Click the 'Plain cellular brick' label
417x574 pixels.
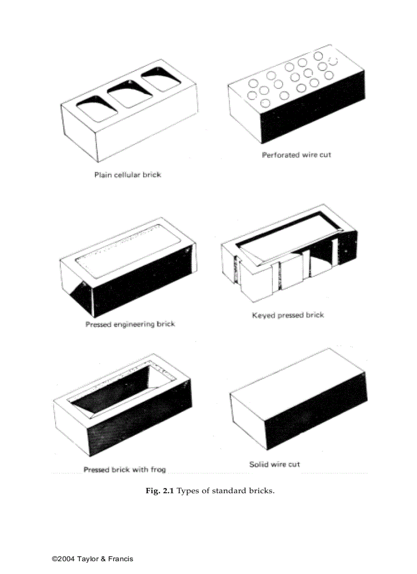pos(127,175)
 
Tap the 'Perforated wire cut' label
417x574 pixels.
pos(296,155)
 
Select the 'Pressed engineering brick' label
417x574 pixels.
pos(130,324)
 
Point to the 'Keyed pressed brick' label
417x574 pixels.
pos(288,315)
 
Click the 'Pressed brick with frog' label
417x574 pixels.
pos(124,469)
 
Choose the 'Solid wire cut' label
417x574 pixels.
pos(274,464)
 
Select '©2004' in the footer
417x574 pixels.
pos(63,559)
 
